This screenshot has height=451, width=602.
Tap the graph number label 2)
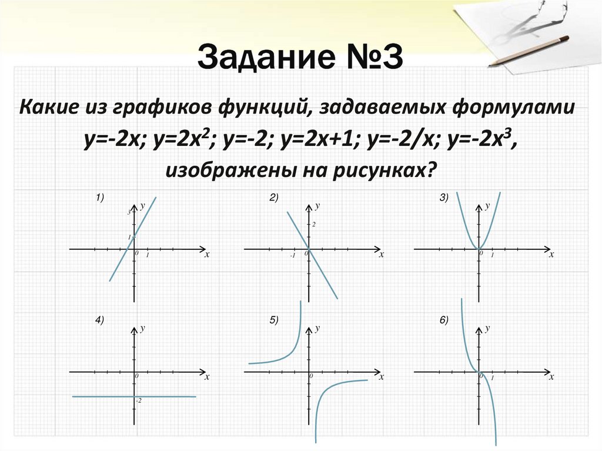pyautogui.click(x=274, y=199)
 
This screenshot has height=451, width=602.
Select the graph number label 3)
pyautogui.click(x=444, y=199)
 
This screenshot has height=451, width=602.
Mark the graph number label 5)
pyautogui.click(x=274, y=320)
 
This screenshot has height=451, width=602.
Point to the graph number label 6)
pyautogui.click(x=444, y=320)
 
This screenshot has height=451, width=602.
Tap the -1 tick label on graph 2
pyautogui.click(x=292, y=256)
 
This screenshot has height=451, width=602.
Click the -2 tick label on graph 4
pyautogui.click(x=139, y=400)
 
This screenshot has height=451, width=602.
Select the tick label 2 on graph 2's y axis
pyautogui.click(x=315, y=225)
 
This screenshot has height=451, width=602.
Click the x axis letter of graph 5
pyautogui.click(x=381, y=377)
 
